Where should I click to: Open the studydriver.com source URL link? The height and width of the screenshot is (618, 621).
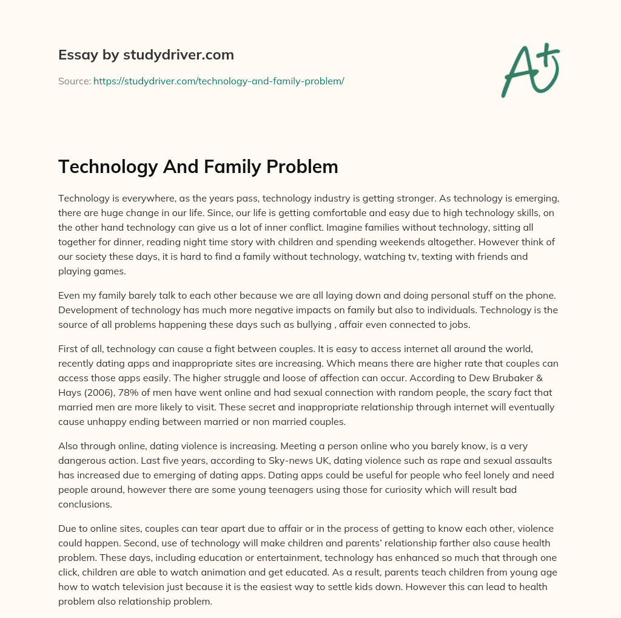click(218, 81)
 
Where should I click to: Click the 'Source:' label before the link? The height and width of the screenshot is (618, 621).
click(74, 81)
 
